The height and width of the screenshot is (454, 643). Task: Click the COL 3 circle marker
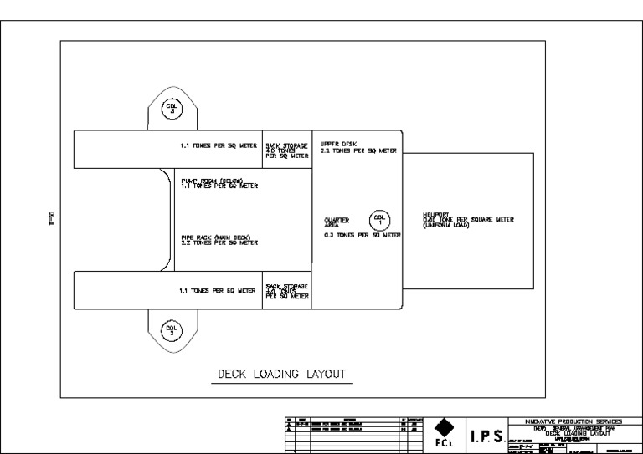click(x=171, y=108)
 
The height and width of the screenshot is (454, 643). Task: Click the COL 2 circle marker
click(x=171, y=329)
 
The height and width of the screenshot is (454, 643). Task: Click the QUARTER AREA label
click(x=337, y=222)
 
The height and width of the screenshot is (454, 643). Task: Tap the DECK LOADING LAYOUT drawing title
click(x=281, y=374)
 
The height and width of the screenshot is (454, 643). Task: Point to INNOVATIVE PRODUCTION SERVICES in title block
click(x=572, y=422)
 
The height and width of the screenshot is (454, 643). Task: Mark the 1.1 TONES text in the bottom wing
click(x=218, y=292)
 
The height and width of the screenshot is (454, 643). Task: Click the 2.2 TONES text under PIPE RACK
click(x=219, y=243)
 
